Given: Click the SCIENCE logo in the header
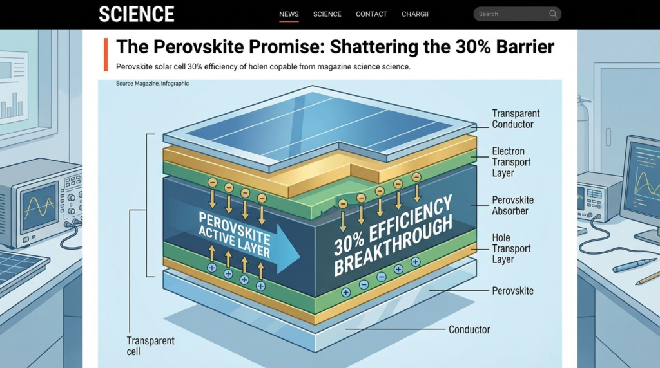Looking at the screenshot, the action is (x=137, y=14).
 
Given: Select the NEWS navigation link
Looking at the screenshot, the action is (x=289, y=14).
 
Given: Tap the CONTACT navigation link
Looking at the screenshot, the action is (x=371, y=14).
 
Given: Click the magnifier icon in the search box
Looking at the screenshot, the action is (x=553, y=14).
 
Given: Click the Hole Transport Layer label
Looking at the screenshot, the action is (x=511, y=248).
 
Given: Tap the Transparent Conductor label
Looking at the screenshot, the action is (x=516, y=118).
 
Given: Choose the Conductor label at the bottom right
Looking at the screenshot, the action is (x=469, y=329).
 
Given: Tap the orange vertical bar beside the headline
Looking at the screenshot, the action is (x=105, y=54).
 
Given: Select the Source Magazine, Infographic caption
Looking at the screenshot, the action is (x=152, y=84).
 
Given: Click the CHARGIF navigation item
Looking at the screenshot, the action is (x=415, y=14).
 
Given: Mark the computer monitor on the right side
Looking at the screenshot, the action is (x=642, y=184).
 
